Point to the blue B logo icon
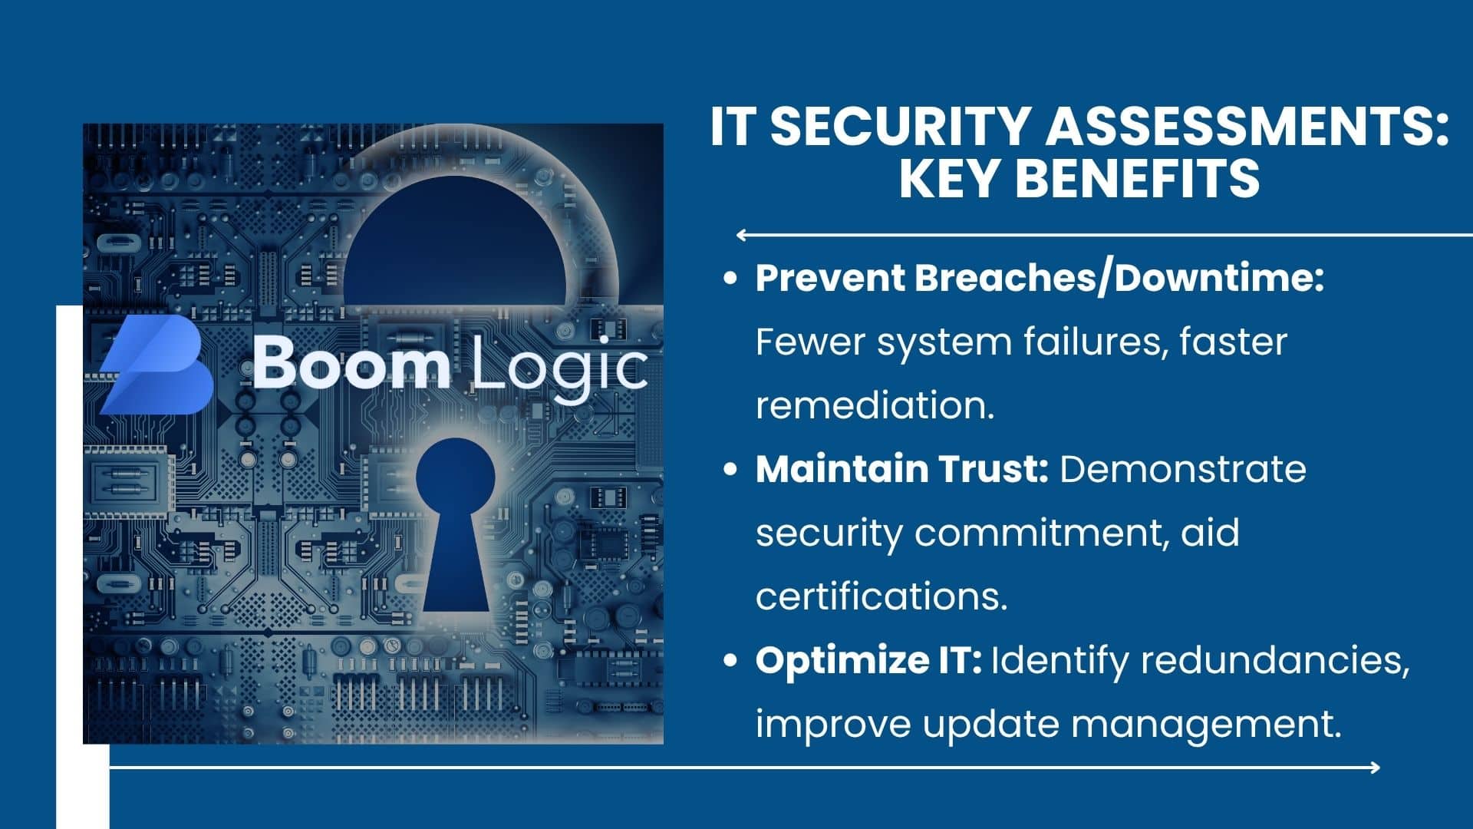pos(157,365)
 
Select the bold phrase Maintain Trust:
pos(902,469)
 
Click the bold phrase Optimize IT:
pos(868,660)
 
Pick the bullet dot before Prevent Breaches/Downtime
pos(731,278)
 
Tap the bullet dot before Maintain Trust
pos(731,469)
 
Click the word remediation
pos(875,405)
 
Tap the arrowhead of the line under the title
pos(741,235)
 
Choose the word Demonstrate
pos(1183,469)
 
